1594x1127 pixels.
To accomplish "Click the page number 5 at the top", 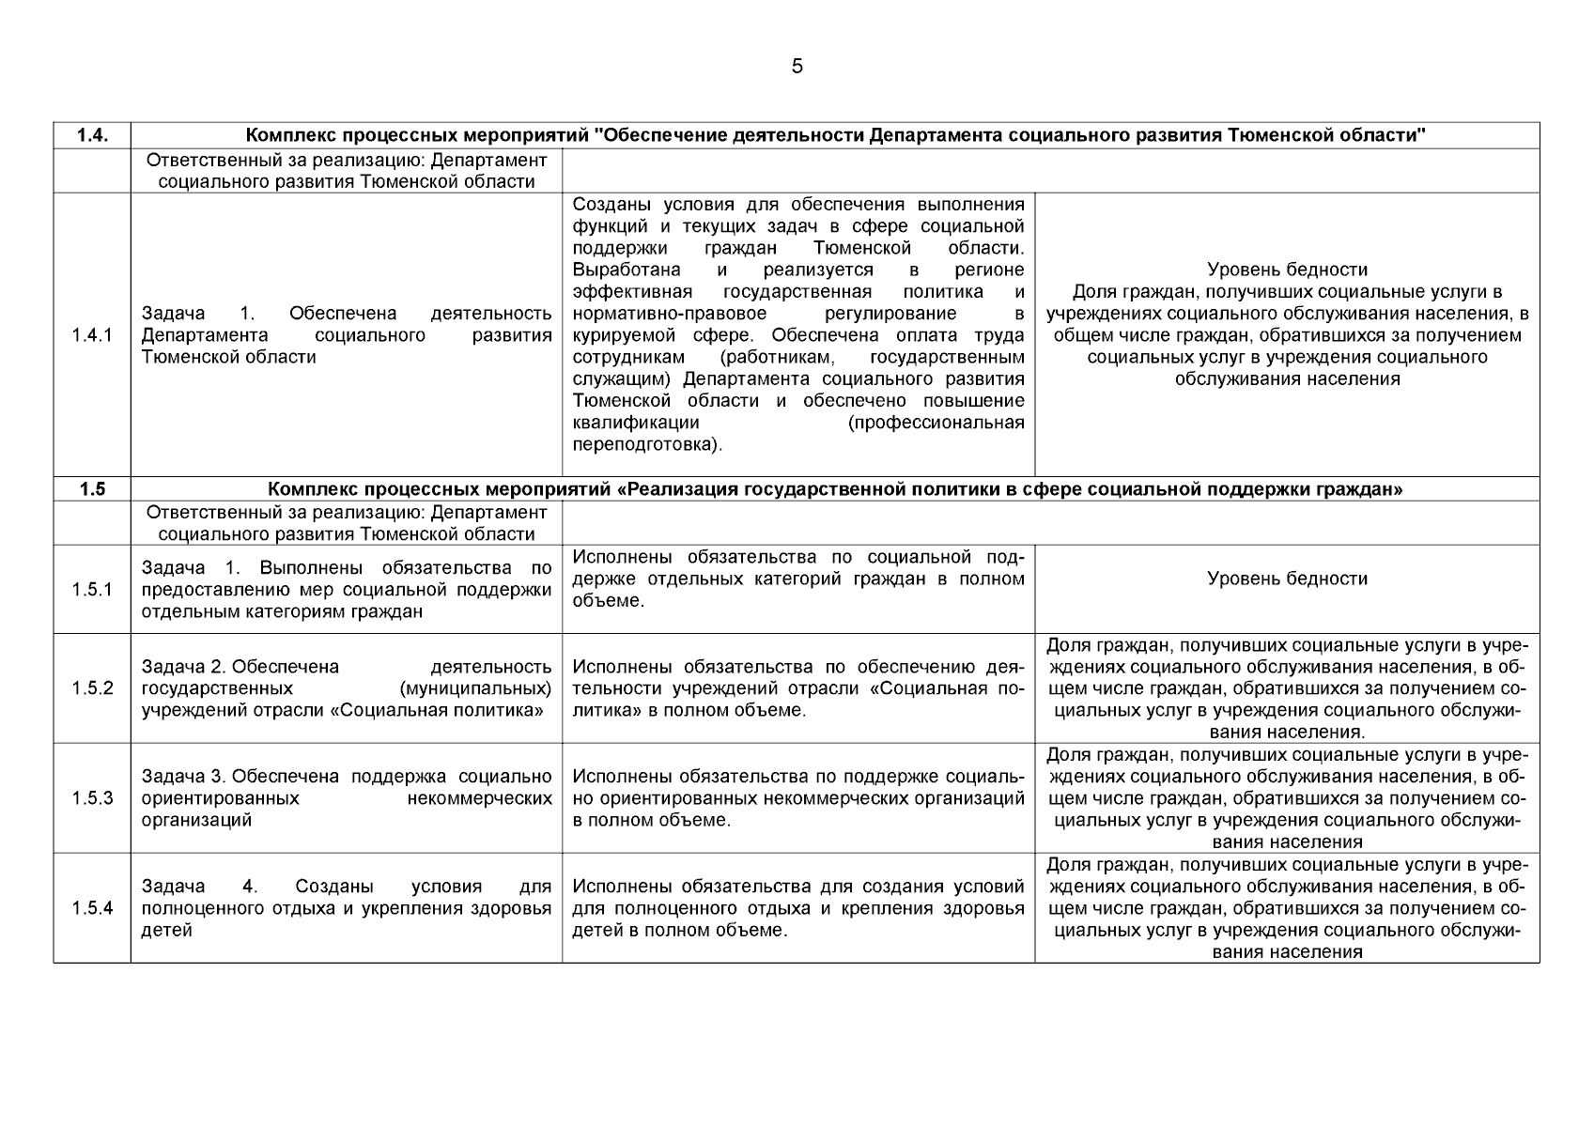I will [797, 66].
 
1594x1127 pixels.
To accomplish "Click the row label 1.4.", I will [91, 135].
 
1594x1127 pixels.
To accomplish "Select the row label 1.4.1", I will [91, 335].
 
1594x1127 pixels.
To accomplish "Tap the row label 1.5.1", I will [91, 590].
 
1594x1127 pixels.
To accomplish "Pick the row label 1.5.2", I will [91, 688].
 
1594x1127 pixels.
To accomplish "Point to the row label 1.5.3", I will [91, 798].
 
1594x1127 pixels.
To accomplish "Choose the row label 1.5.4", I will [91, 908].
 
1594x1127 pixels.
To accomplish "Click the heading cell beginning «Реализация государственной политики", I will [835, 489].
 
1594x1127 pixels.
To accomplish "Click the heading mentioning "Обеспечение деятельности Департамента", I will [835, 135].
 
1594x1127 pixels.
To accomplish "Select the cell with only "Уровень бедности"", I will [1287, 579].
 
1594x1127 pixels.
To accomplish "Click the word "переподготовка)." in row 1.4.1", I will [647, 444].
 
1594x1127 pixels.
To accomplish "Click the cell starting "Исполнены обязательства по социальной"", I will [797, 579].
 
